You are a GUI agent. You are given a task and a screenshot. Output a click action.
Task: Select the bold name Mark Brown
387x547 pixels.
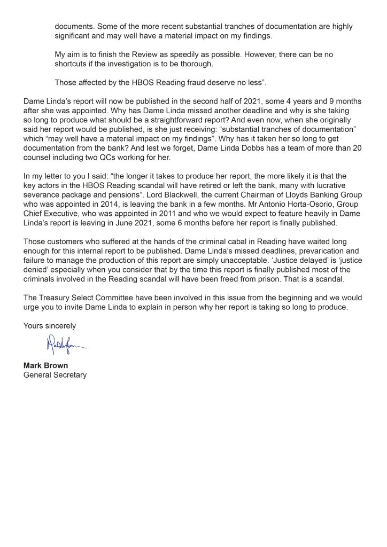[44, 366]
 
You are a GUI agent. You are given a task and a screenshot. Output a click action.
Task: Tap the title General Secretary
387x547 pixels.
[55, 374]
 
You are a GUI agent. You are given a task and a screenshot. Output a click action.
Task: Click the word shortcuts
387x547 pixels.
[73, 64]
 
